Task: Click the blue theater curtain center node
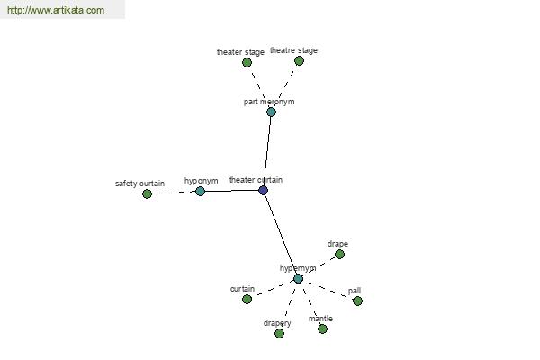[x=263, y=191]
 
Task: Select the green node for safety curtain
[x=147, y=194]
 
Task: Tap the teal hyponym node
[x=200, y=191]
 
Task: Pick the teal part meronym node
[x=272, y=112]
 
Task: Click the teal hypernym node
[x=298, y=278]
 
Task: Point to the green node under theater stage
[x=247, y=63]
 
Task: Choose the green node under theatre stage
[x=299, y=61]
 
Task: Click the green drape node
[x=339, y=254]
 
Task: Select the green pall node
[x=357, y=301]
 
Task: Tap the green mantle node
[x=322, y=329]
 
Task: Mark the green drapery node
[x=279, y=333]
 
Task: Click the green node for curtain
[x=247, y=299]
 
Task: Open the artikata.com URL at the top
[x=56, y=10]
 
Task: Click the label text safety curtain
[x=139, y=184]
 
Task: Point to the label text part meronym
[x=269, y=102]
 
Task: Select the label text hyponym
[x=201, y=181]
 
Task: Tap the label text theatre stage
[x=293, y=50]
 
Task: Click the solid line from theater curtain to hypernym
[x=281, y=234]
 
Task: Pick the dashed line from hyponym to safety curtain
[x=174, y=193]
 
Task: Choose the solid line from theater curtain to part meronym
[x=267, y=151]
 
